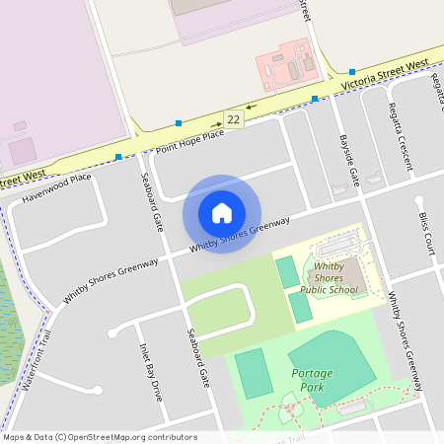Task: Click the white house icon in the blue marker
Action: [222, 213]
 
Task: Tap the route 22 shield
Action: [233, 118]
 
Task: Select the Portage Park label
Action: [312, 380]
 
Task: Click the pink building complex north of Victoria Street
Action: [287, 63]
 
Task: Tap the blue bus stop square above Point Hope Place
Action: [179, 122]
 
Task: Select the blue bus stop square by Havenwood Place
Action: [118, 157]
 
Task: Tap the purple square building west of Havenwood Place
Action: [22, 150]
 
